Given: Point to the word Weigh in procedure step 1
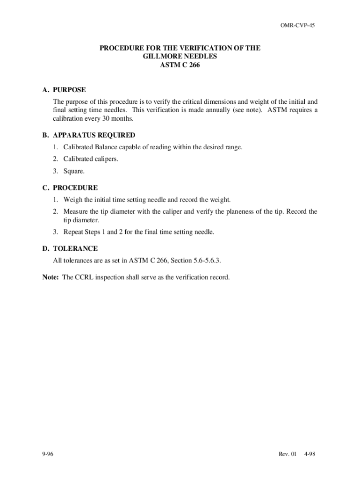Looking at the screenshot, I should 73,200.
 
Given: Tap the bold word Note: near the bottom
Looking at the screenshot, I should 50,277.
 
